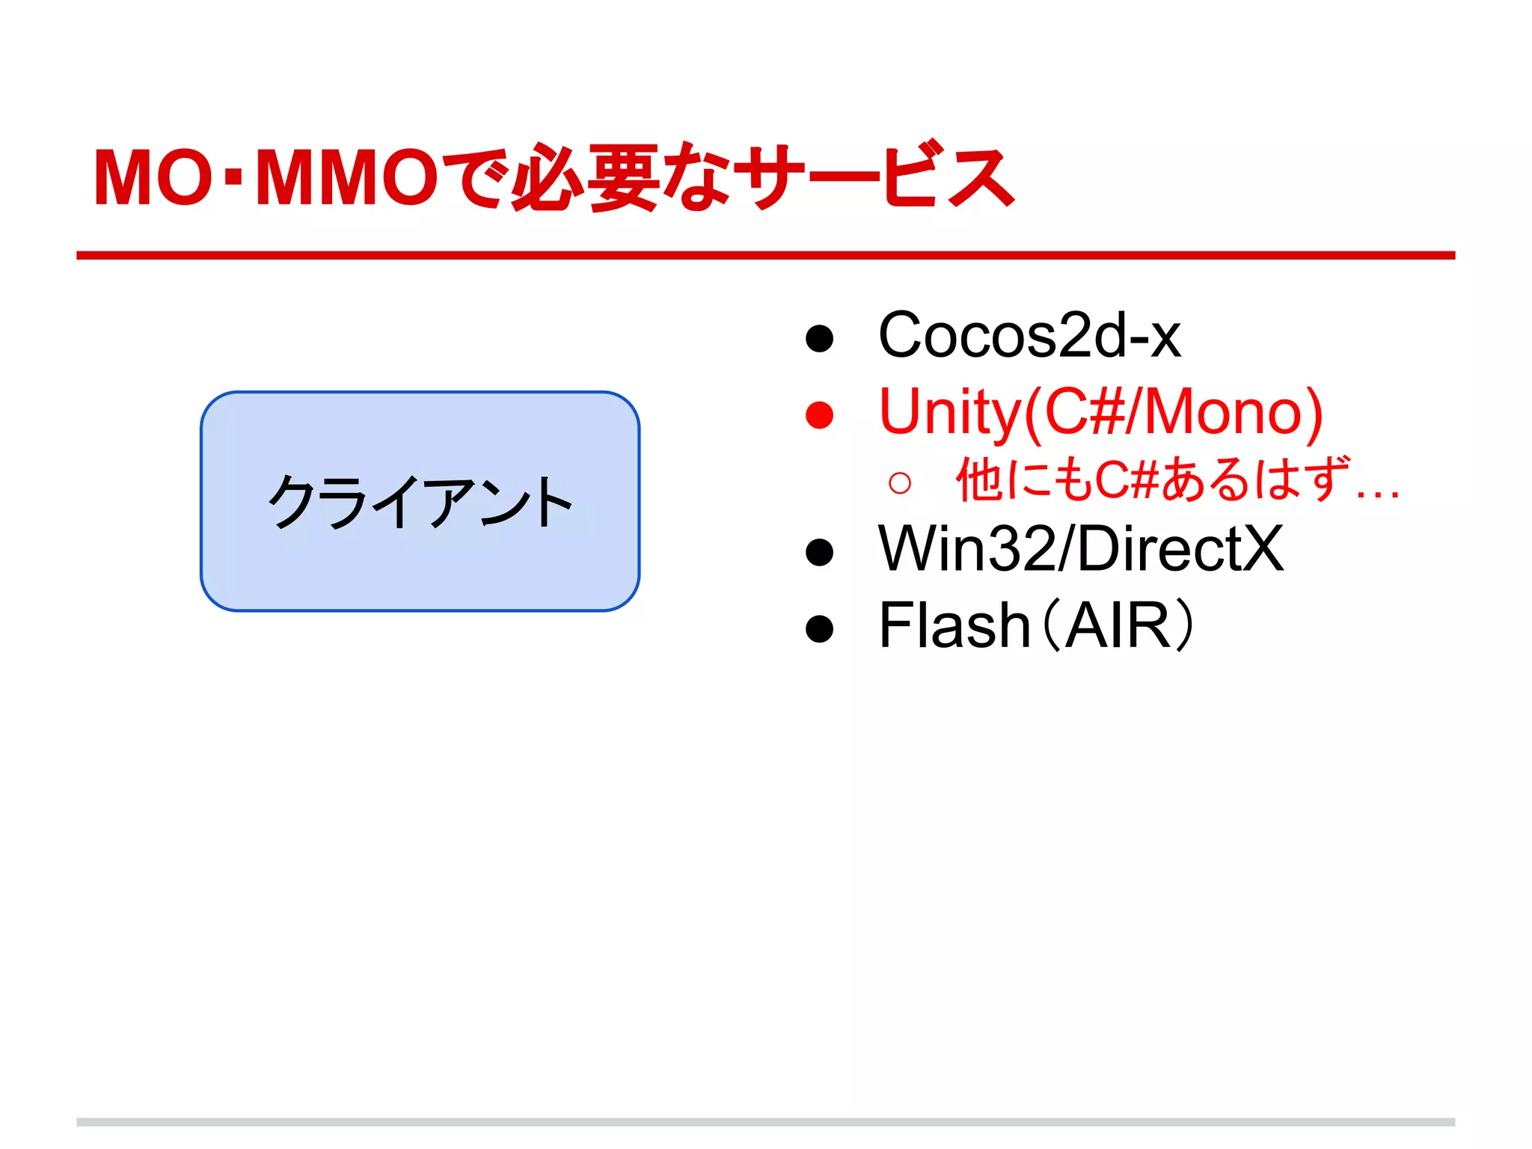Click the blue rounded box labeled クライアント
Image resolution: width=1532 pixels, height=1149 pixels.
(420, 569)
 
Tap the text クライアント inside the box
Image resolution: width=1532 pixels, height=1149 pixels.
(420, 502)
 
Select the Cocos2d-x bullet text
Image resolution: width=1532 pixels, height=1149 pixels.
(1029, 336)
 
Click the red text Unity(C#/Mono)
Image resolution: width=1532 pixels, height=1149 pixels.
(1100, 412)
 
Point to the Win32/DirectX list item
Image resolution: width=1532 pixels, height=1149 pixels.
(1081, 550)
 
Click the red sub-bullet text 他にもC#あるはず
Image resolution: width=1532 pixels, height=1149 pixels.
(1152, 479)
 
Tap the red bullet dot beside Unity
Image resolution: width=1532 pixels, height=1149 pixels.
(820, 415)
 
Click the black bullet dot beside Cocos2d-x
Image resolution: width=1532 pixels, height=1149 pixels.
(820, 338)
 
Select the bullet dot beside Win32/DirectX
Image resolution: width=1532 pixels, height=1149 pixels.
(820, 553)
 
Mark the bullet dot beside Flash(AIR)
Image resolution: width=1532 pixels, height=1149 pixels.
(820, 628)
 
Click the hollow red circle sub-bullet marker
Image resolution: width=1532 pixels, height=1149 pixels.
(900, 483)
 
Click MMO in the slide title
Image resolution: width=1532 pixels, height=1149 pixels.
(347, 178)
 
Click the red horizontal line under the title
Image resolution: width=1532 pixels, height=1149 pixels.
(765, 256)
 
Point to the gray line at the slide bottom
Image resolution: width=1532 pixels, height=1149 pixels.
(765, 1122)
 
